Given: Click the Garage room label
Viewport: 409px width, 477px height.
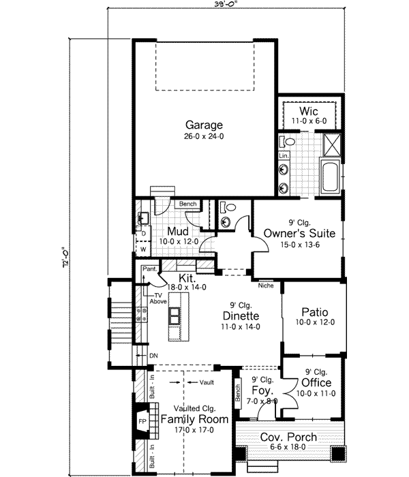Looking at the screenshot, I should [x=204, y=125].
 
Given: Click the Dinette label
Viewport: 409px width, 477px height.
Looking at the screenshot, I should [x=239, y=316].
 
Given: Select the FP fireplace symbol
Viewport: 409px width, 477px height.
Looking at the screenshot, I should [x=143, y=421].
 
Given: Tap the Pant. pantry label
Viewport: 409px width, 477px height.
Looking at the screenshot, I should [x=150, y=270].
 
